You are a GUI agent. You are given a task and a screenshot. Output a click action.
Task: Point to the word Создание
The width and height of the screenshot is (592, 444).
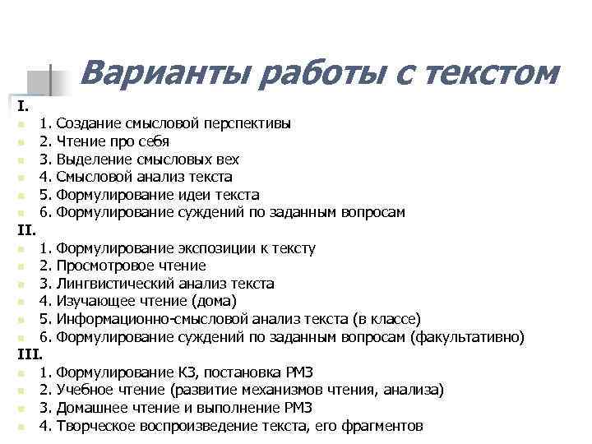click(90, 124)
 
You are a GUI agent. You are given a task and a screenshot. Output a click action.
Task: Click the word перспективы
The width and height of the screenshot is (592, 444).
click(246, 124)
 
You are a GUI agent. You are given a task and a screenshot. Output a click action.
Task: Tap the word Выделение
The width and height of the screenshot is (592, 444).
click(95, 160)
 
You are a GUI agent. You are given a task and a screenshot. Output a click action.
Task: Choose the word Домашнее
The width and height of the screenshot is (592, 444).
click(92, 409)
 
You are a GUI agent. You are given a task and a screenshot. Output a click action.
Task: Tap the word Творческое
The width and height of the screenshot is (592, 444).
click(98, 426)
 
